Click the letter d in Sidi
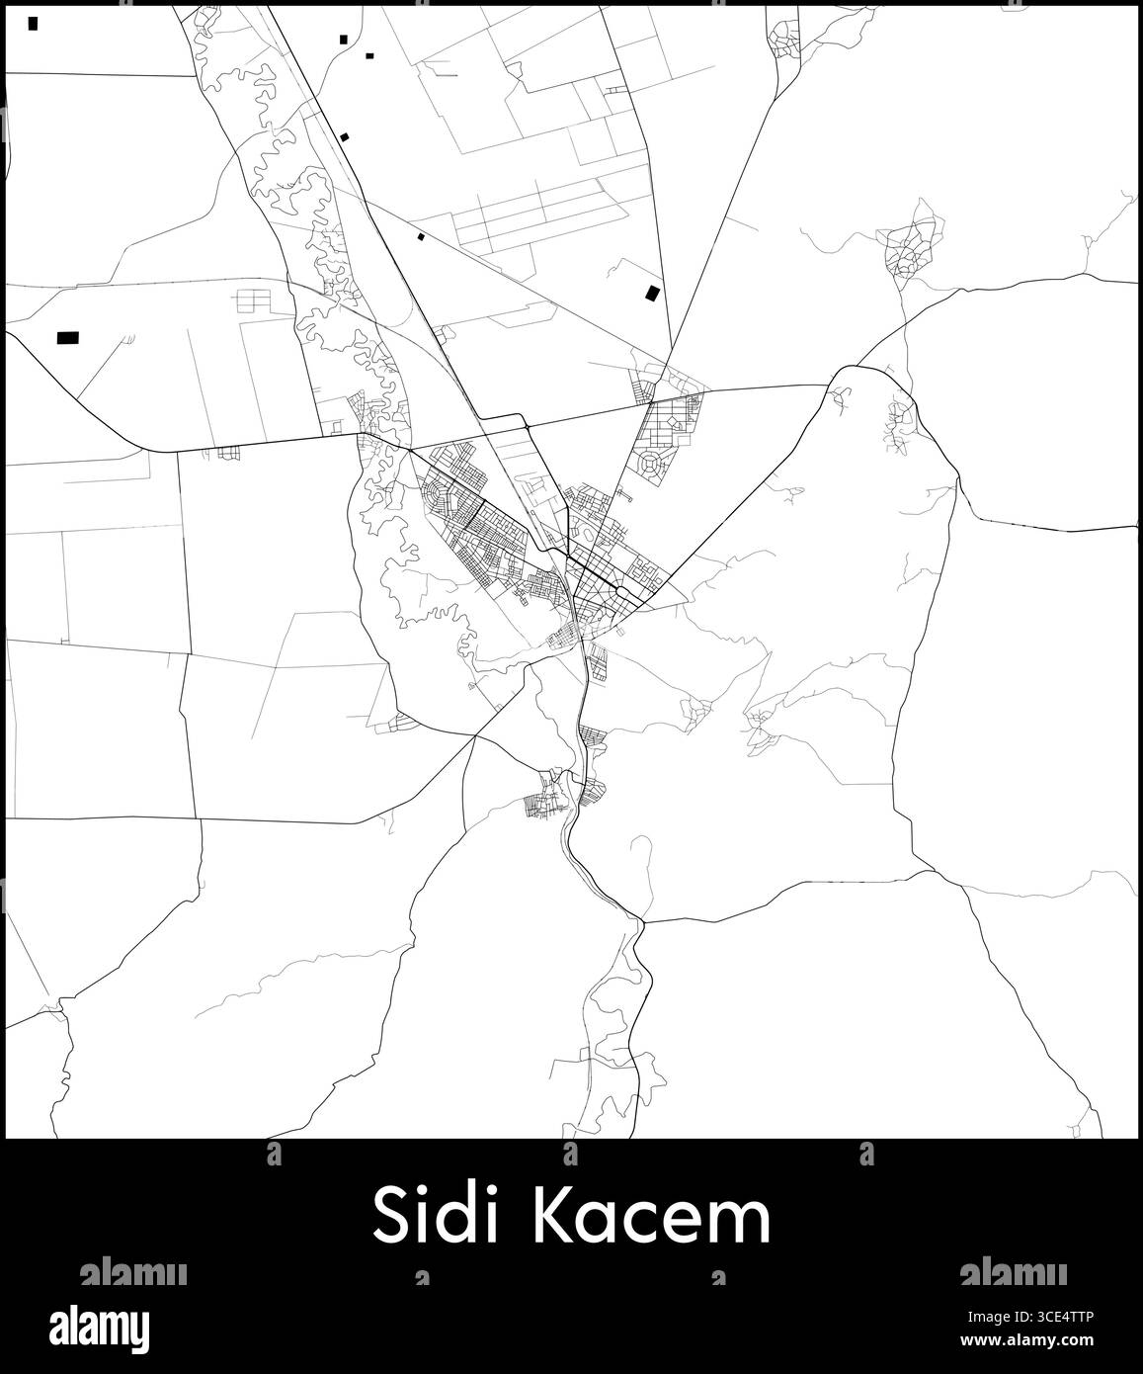click(451, 1218)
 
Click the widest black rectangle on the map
click(67, 338)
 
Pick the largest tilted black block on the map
click(651, 293)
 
